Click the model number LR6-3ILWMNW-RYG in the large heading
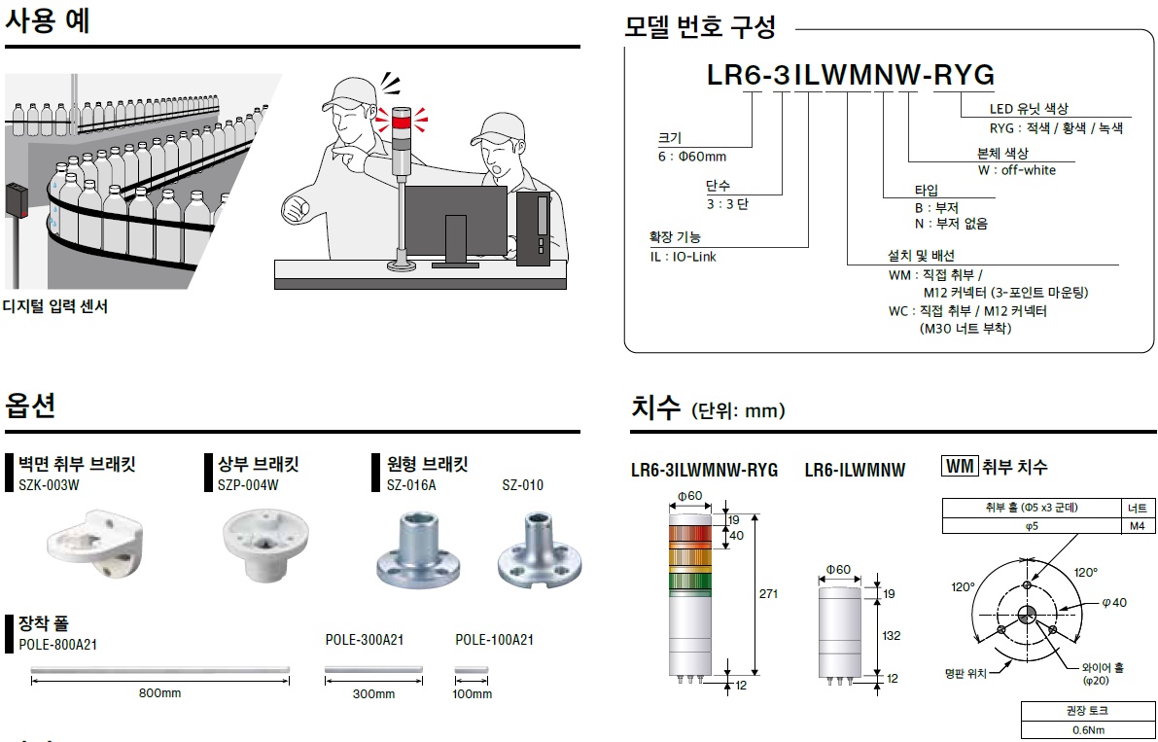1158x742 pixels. [850, 76]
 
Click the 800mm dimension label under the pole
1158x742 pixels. [159, 693]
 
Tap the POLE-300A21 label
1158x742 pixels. [365, 640]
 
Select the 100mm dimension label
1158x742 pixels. [473, 694]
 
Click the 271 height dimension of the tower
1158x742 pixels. [768, 594]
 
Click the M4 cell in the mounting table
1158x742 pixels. [1137, 526]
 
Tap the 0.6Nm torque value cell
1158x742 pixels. [1087, 730]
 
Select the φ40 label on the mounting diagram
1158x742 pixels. [1114, 603]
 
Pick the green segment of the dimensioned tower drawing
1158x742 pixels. [688, 582]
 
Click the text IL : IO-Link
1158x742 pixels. [683, 257]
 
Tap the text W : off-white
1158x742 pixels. [1016, 170]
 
